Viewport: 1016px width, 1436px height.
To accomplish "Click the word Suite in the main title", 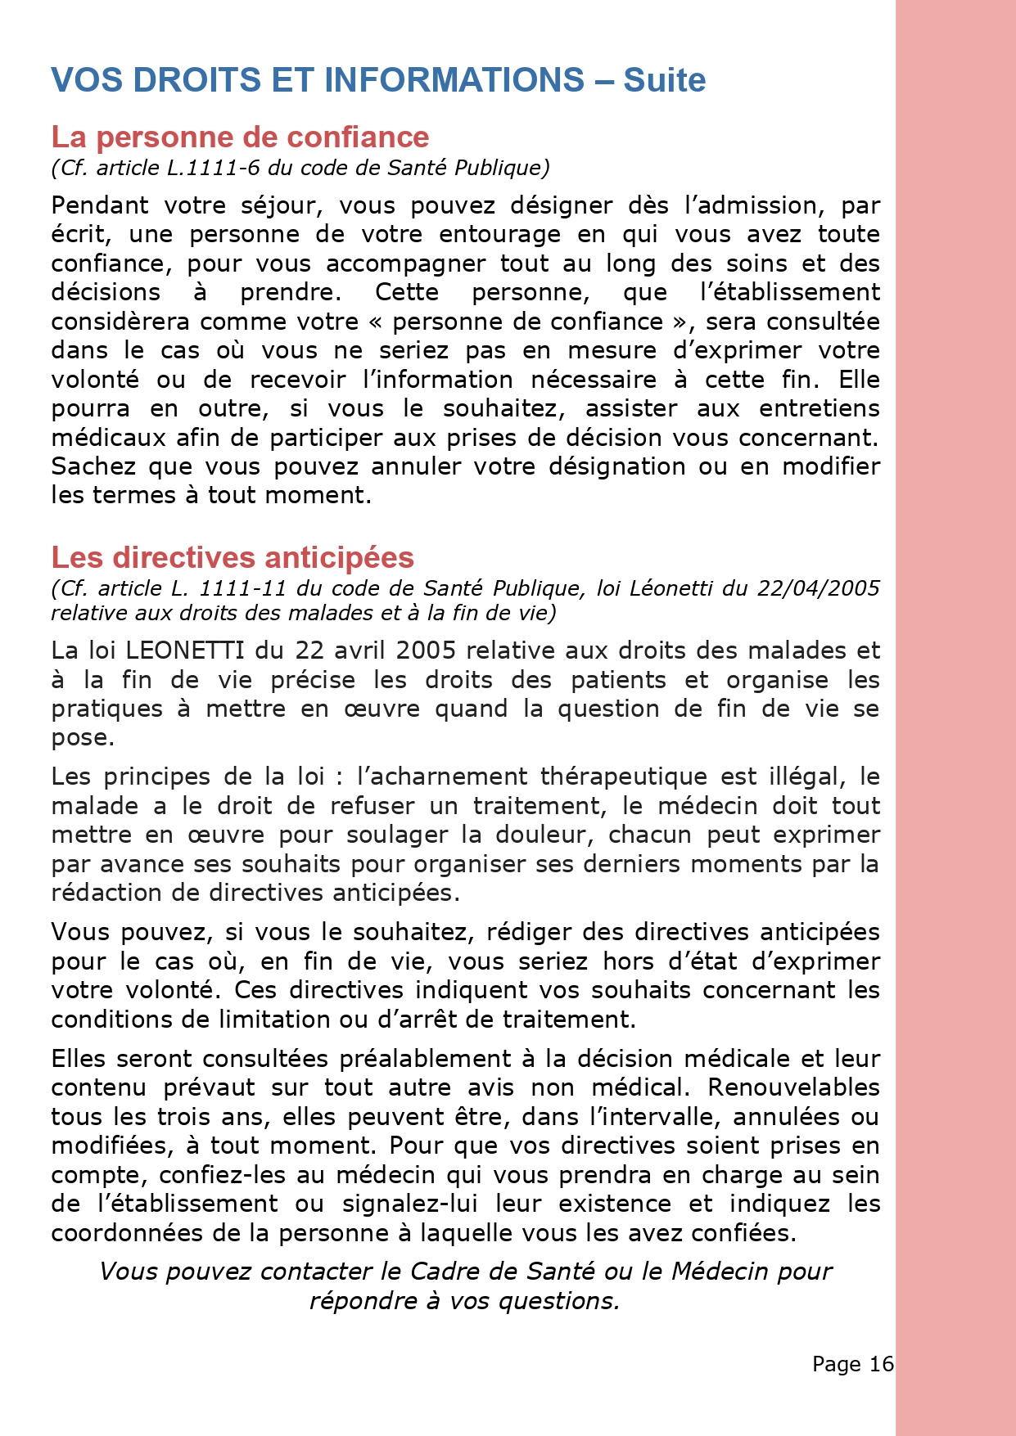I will tap(664, 80).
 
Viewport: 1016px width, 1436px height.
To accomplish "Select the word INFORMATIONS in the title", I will tap(454, 80).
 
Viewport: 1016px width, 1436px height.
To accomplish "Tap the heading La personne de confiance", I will tap(240, 137).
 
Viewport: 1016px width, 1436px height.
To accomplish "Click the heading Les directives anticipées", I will tap(233, 557).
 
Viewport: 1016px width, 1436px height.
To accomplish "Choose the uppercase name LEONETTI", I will tap(184, 650).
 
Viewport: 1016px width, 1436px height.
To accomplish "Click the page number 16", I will tap(881, 1364).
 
